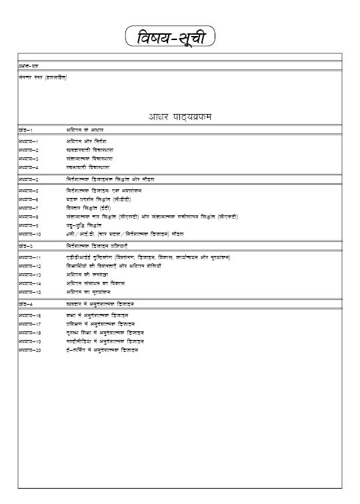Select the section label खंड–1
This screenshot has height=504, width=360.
[26, 129]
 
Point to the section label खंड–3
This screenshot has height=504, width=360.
[26, 246]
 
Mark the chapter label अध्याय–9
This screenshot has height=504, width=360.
[28, 225]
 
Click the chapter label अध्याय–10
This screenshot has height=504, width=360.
[29, 235]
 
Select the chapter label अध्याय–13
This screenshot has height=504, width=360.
[29, 275]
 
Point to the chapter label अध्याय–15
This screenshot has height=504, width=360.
[29, 292]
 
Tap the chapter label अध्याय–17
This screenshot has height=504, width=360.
[29, 323]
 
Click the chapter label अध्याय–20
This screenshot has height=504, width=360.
[29, 350]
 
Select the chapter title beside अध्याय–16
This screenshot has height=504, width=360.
[97, 315]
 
